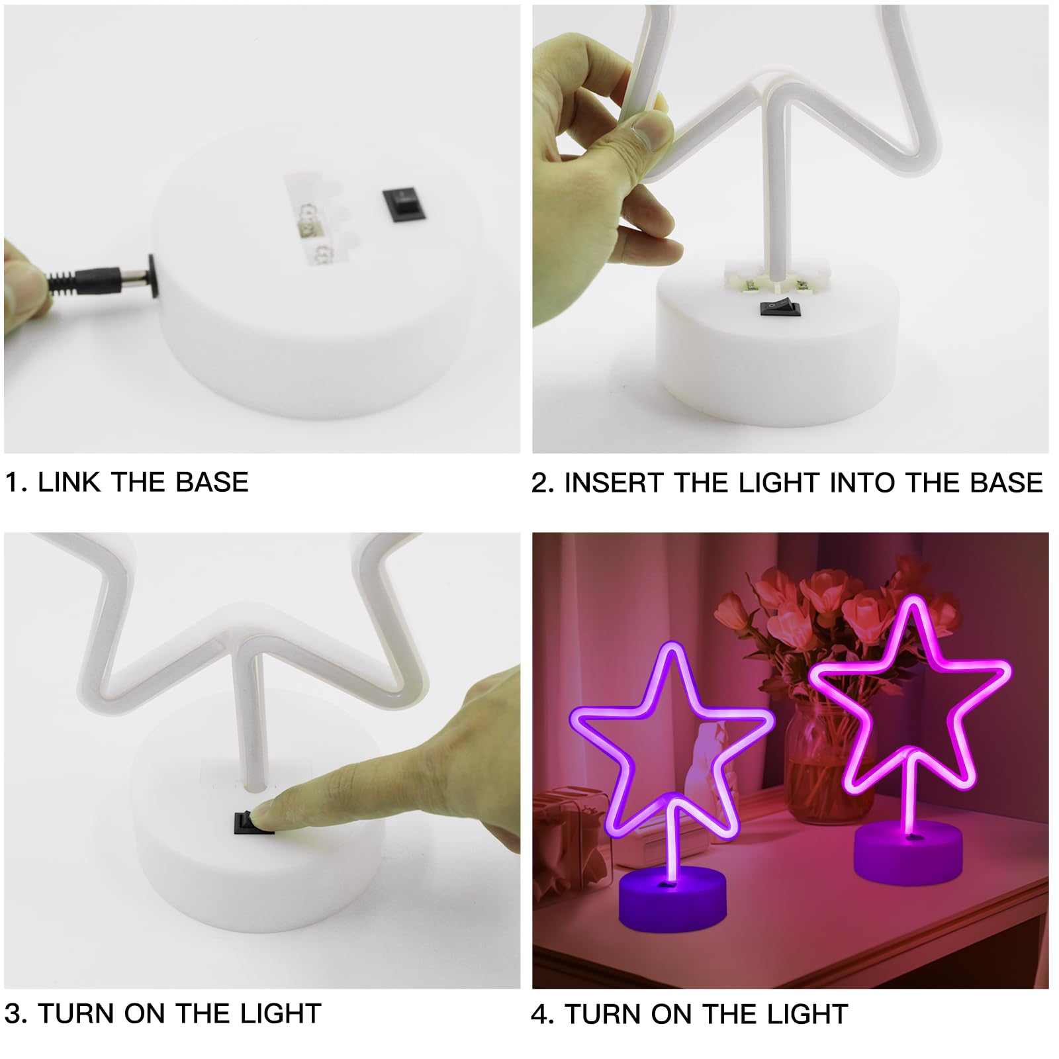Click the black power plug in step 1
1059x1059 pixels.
click(99, 278)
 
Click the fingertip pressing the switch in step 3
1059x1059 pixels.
click(265, 813)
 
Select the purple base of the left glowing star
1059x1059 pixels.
click(672, 900)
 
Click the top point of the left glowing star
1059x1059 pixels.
click(673, 646)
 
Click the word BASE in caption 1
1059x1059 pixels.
click(212, 482)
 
